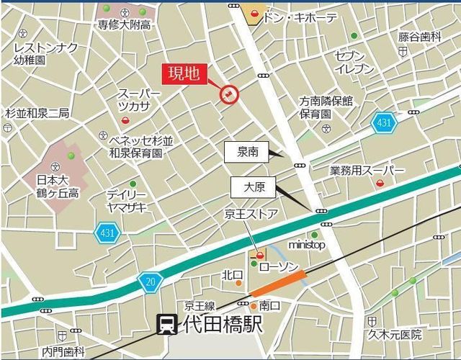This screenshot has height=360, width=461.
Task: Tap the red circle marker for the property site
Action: [x=228, y=94]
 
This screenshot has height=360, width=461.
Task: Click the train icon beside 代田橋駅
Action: [x=166, y=325]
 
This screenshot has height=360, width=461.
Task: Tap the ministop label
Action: [x=307, y=245]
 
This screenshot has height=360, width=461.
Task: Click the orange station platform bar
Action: [x=279, y=283]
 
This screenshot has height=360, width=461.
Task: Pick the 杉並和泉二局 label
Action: [x=37, y=113]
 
